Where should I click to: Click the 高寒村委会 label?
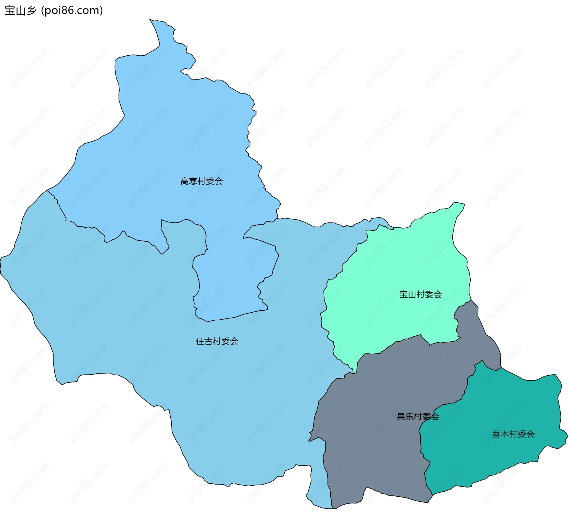(x=201, y=181)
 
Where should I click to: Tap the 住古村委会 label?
(x=217, y=341)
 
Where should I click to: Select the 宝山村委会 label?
(x=420, y=294)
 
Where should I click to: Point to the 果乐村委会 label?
(x=418, y=417)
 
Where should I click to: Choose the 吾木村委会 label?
(x=513, y=434)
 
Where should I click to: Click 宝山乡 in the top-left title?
(x=20, y=11)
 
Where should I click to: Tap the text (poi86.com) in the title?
(x=72, y=11)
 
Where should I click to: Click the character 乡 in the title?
(x=31, y=11)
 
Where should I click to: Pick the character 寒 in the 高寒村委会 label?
(x=193, y=181)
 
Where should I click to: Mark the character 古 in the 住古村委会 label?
(x=209, y=341)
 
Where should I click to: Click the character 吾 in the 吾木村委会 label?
(x=496, y=434)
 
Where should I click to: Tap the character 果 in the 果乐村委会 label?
(x=401, y=417)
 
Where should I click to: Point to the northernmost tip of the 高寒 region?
(x=150, y=20)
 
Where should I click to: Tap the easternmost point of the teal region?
(x=567, y=436)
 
